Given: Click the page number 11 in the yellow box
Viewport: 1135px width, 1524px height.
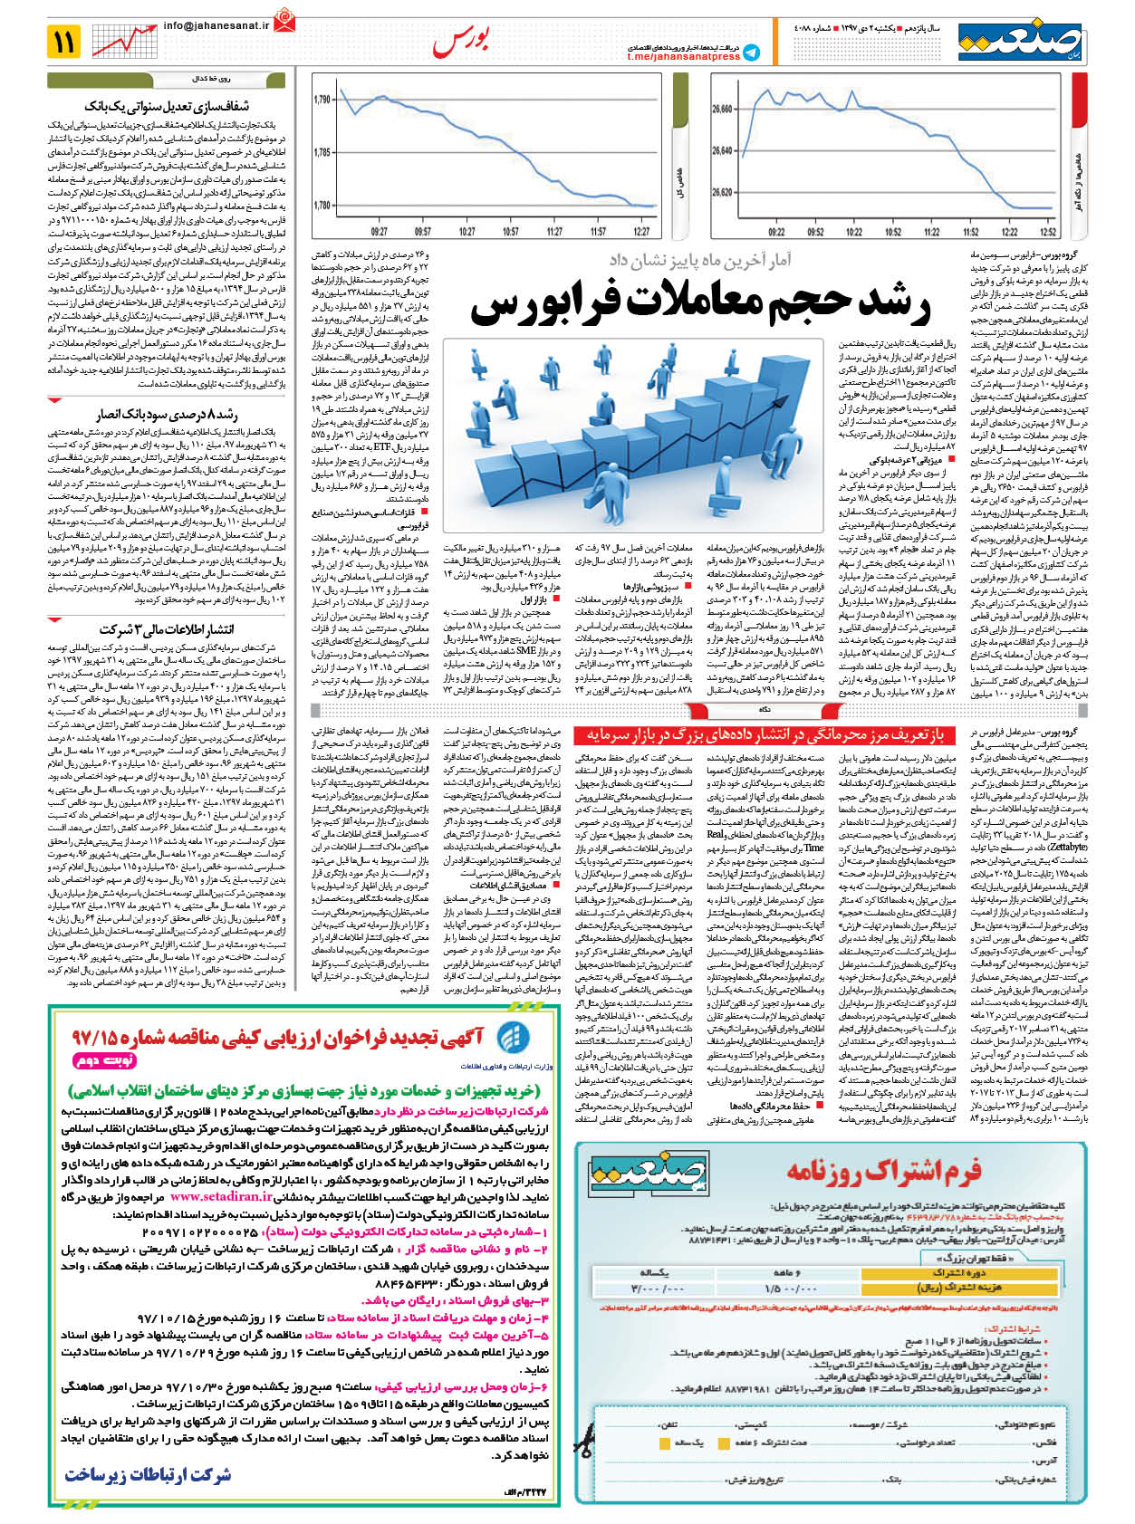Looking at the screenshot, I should point(66,42).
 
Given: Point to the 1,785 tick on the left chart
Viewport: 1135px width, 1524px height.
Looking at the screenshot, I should point(322,152).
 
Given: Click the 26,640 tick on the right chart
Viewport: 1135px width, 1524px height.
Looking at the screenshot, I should point(722,150).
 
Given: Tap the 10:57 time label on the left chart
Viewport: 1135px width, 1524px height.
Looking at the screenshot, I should point(510,232).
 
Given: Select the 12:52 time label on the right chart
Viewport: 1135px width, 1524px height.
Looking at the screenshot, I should point(1049,232).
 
